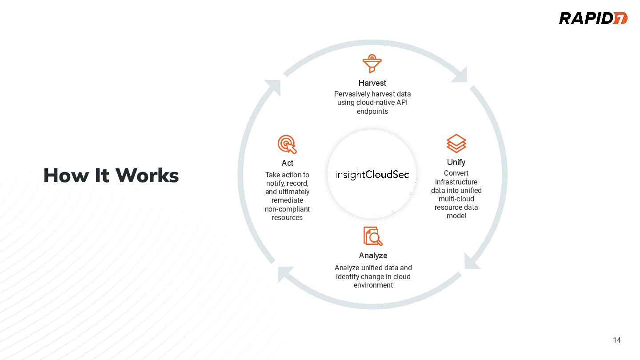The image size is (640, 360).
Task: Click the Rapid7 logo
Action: pos(593,18)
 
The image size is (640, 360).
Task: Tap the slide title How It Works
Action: pos(111,176)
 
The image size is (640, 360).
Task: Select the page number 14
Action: pos(616,340)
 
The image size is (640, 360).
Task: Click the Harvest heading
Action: pos(372,83)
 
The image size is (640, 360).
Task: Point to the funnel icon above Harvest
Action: pos(372,64)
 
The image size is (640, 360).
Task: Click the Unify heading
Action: pos(456,162)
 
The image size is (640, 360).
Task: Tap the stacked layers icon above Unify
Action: pos(456,143)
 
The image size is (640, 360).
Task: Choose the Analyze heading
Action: pos(373,256)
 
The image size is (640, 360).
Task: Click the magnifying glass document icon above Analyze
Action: pos(373,236)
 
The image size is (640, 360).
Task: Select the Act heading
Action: pos(287,163)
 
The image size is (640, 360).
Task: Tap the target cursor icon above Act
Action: pos(287,144)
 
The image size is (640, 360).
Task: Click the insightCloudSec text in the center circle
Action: pos(372,174)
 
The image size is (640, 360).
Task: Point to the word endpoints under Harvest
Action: pos(372,112)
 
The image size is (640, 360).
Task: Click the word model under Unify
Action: pos(456,216)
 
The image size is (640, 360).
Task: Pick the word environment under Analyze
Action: pos(373,285)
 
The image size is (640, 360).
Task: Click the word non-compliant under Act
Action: pos(287,209)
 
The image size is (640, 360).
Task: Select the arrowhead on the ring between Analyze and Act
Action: pos(284,273)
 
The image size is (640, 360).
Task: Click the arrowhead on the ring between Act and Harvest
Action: pos(273,87)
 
